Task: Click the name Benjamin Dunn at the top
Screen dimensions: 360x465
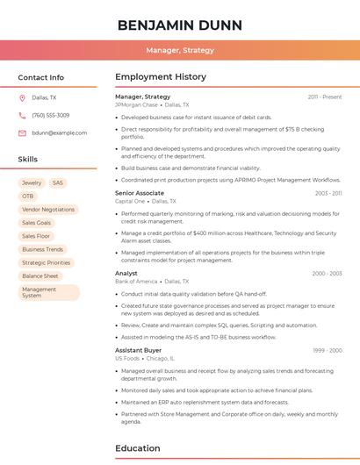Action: pyautogui.click(x=180, y=25)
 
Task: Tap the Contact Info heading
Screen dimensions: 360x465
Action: pyautogui.click(x=41, y=77)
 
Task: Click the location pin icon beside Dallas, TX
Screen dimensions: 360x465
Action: pyautogui.click(x=22, y=98)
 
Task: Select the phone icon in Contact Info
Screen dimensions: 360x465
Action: pyautogui.click(x=22, y=115)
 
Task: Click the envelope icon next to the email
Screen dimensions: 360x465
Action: pyautogui.click(x=22, y=132)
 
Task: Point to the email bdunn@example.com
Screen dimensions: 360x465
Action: pyautogui.click(x=60, y=132)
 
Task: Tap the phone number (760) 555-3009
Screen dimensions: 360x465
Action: pyautogui.click(x=51, y=115)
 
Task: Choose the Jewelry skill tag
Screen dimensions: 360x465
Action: pyautogui.click(x=32, y=183)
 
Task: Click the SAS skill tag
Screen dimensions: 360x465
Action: pyautogui.click(x=58, y=183)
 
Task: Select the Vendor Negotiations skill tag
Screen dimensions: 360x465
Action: pyautogui.click(x=48, y=210)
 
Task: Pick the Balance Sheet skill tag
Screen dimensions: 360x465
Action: pyautogui.click(x=40, y=275)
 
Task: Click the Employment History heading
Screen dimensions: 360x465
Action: pyautogui.click(x=161, y=77)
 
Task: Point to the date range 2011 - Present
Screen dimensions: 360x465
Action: pyautogui.click(x=325, y=97)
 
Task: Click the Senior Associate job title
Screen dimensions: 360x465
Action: pyautogui.click(x=140, y=193)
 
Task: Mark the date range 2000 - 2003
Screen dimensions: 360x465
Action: pyautogui.click(x=327, y=273)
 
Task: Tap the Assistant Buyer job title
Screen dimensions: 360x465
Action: pyautogui.click(x=138, y=350)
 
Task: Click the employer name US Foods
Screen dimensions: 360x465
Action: pyautogui.click(x=127, y=358)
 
